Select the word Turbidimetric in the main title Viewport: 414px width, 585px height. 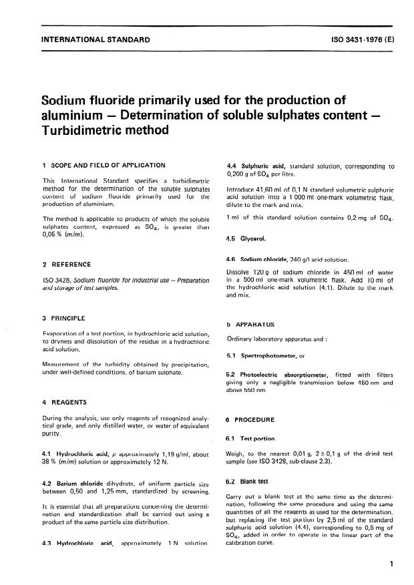[81, 132]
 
